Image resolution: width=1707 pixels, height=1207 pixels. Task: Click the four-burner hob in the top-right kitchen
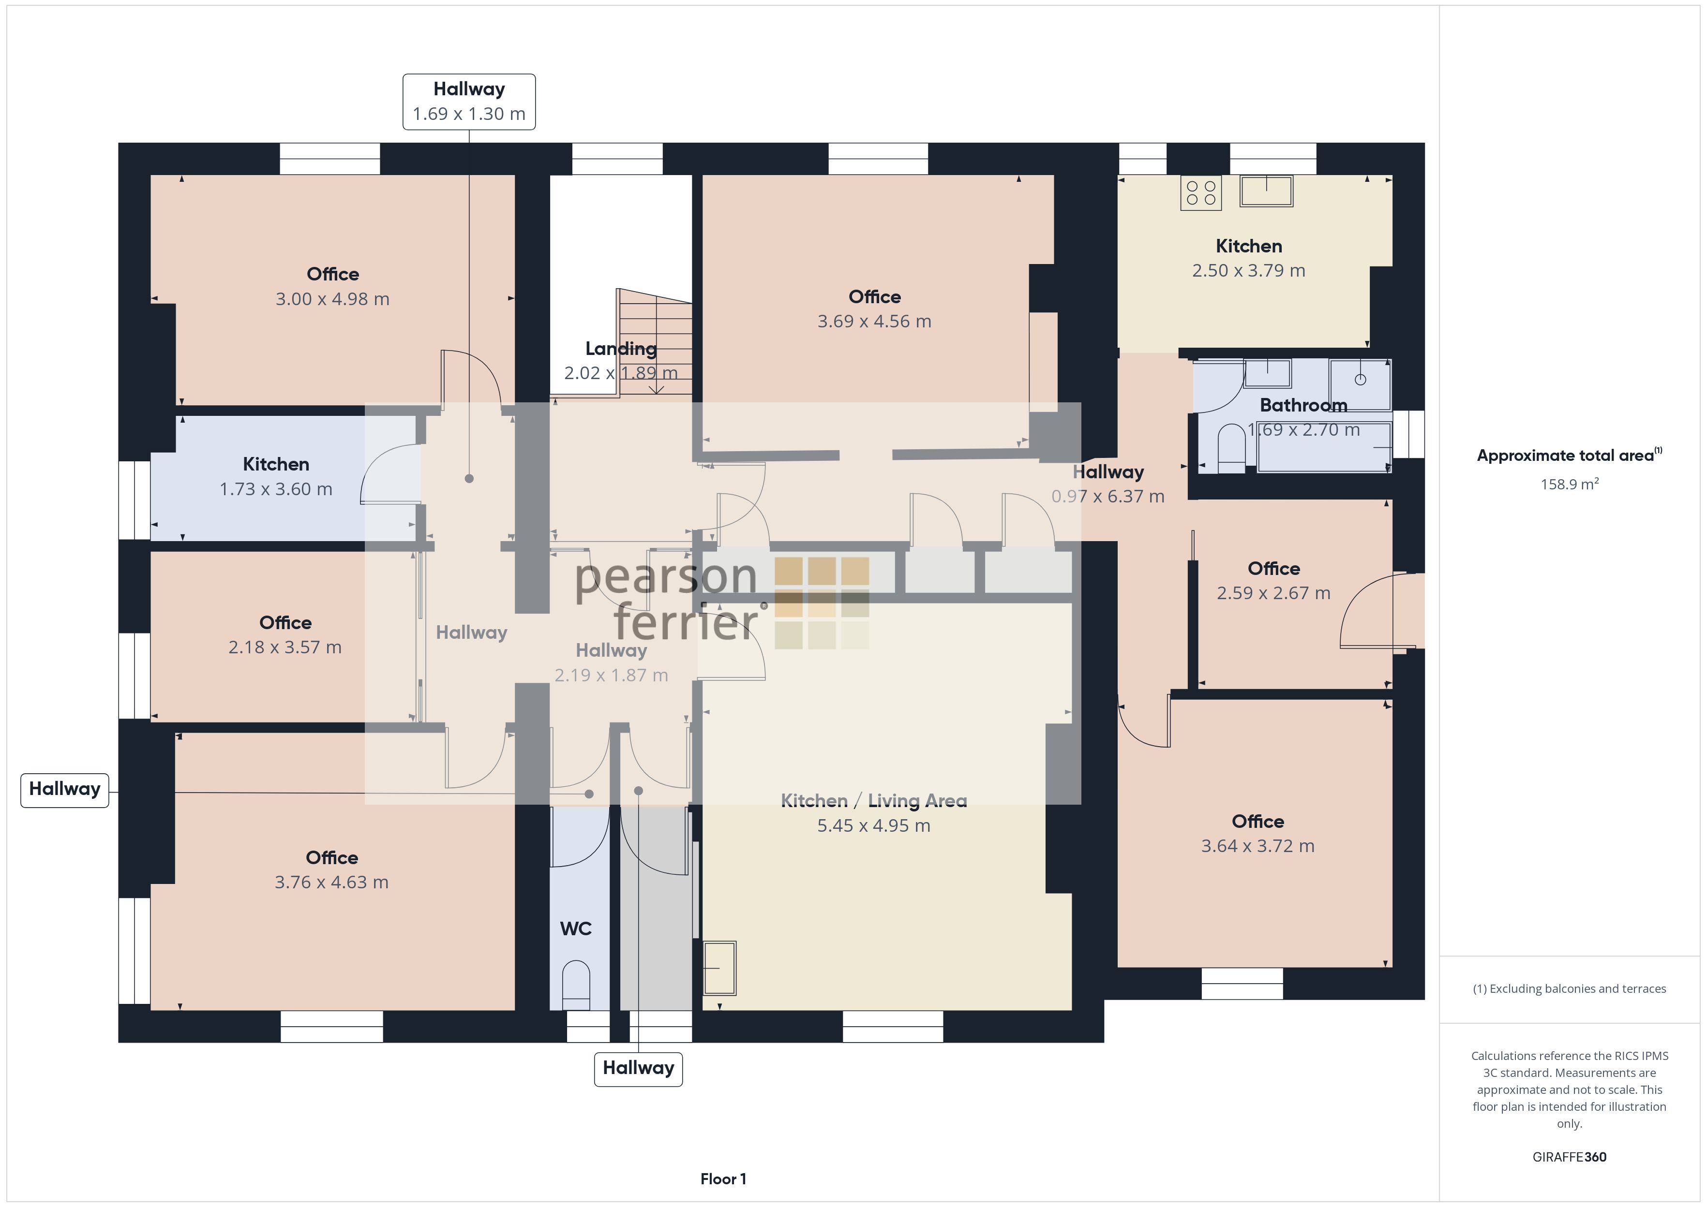coord(1201,192)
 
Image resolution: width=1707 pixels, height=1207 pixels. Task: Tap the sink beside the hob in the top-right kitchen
coord(1266,191)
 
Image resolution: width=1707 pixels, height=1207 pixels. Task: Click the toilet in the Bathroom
coord(1232,448)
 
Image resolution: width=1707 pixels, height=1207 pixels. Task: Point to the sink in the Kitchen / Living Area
coord(719,968)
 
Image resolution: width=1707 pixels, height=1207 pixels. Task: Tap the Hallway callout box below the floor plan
coord(638,1069)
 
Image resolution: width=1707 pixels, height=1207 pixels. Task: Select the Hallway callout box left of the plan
coord(65,789)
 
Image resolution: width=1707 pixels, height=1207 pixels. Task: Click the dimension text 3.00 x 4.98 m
coord(332,299)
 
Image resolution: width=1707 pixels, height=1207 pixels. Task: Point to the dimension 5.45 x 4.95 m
coord(873,826)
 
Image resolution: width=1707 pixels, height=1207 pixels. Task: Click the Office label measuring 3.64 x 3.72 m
coord(1258,821)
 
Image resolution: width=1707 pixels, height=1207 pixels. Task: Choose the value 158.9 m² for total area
coord(1570,484)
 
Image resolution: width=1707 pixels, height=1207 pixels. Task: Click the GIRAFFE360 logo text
coord(1570,1157)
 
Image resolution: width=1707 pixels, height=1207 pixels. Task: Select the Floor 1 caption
coord(723,1179)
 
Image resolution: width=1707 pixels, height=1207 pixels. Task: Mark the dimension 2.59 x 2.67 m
coord(1273,593)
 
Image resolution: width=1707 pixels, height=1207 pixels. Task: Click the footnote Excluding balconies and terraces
coord(1570,988)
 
